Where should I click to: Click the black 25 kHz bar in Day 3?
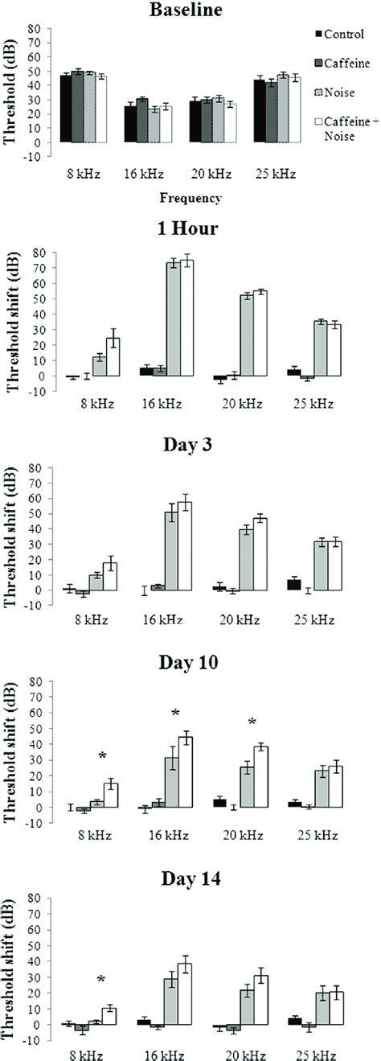(x=293, y=584)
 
